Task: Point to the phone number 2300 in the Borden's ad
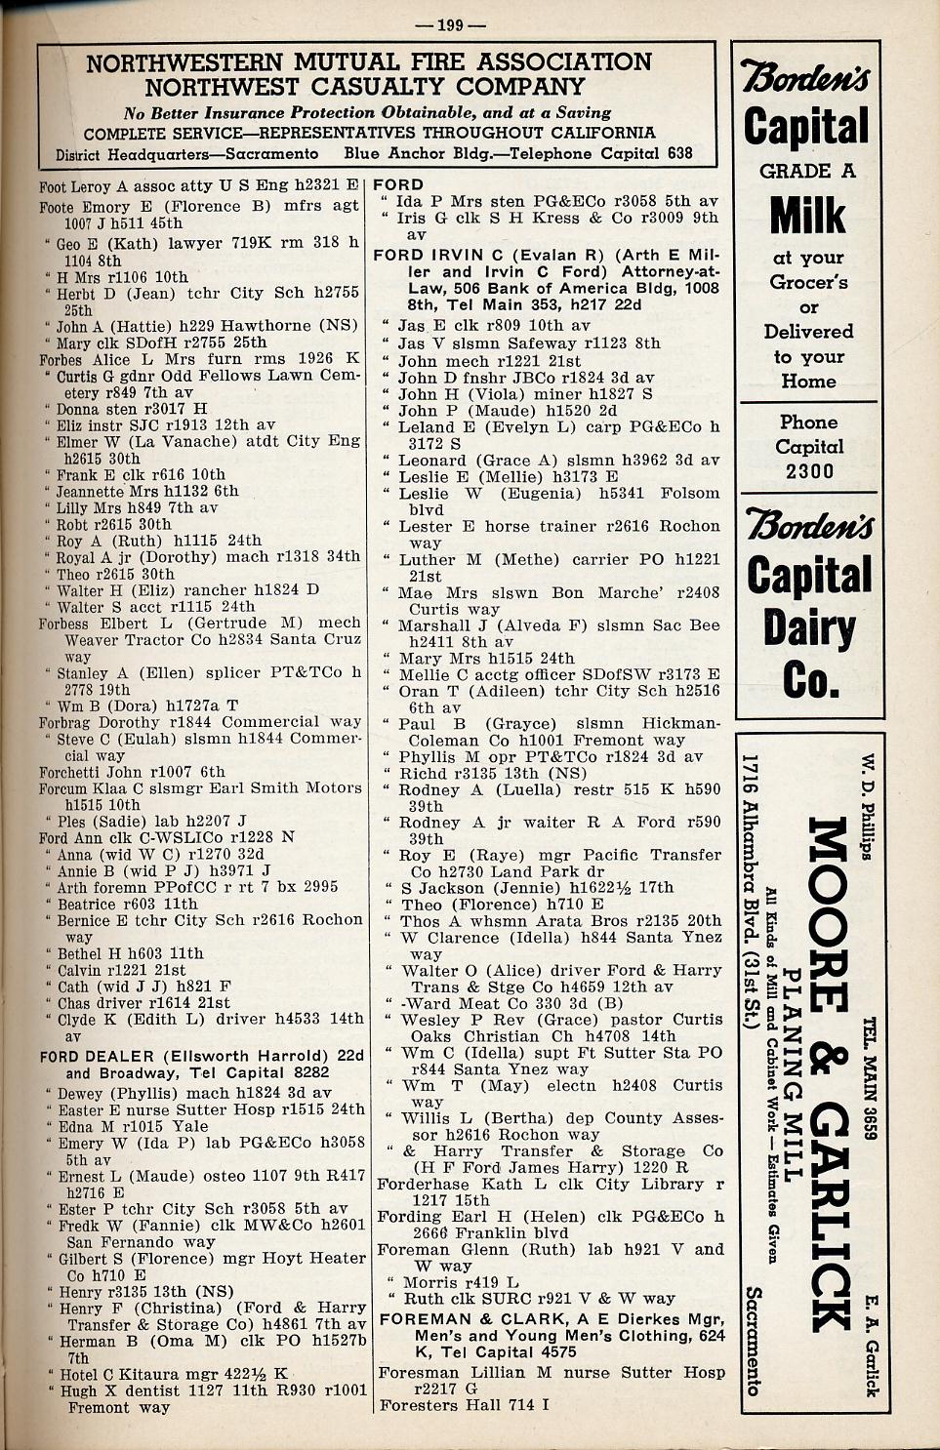pos(809,471)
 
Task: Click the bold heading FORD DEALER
pos(97,1056)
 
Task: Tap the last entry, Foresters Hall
pos(464,1405)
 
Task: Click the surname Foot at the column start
pos(53,186)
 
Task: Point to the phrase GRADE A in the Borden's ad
pos(807,171)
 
